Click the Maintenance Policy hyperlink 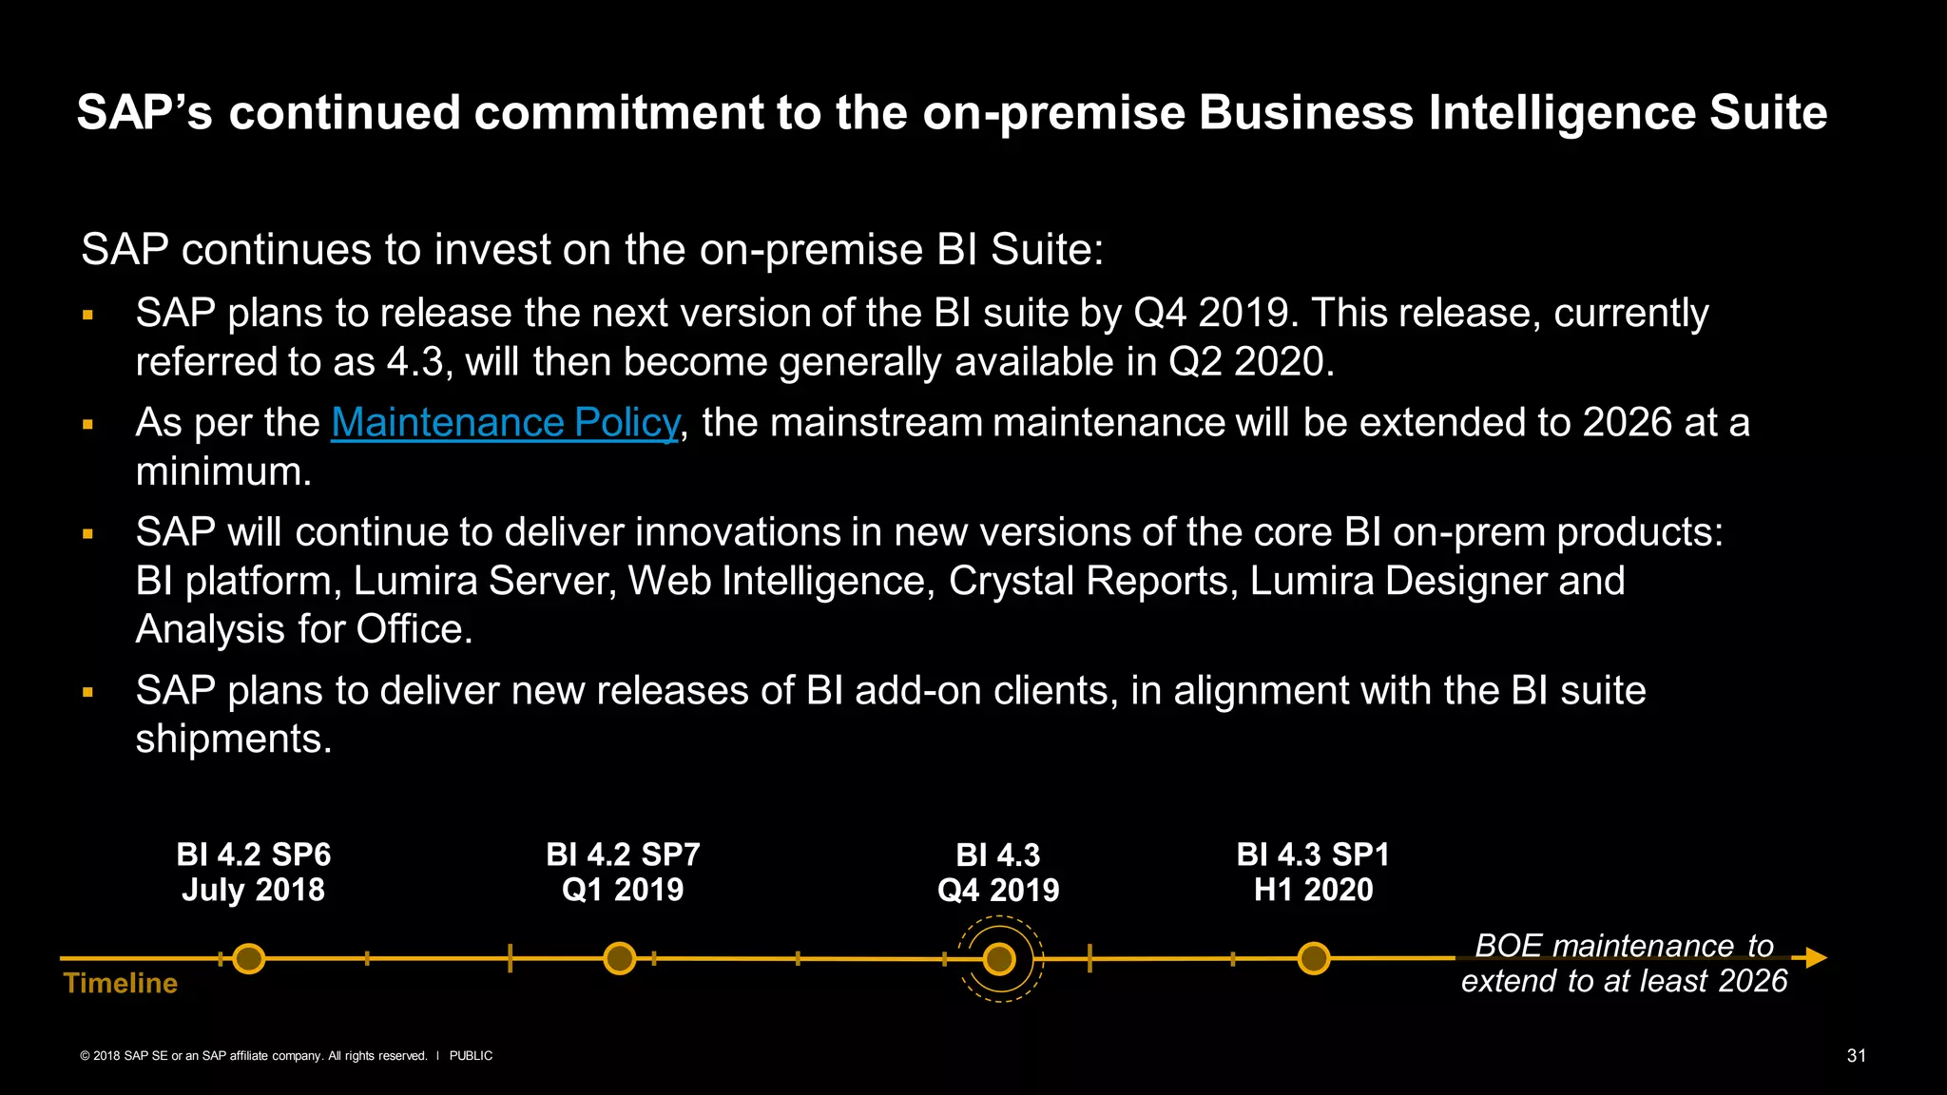click(x=505, y=423)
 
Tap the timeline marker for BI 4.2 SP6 click(x=249, y=958)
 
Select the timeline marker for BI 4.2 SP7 click(x=619, y=958)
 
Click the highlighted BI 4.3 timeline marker click(x=999, y=959)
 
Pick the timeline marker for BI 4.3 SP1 click(x=1313, y=958)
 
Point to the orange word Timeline click(x=121, y=983)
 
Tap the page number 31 click(x=1856, y=1056)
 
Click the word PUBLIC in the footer click(x=471, y=1056)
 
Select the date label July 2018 click(x=253, y=890)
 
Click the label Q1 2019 click(x=623, y=890)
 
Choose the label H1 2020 click(x=1313, y=890)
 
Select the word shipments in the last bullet click(x=234, y=739)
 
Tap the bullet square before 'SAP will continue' click(x=87, y=534)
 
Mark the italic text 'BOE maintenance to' click(x=1624, y=946)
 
